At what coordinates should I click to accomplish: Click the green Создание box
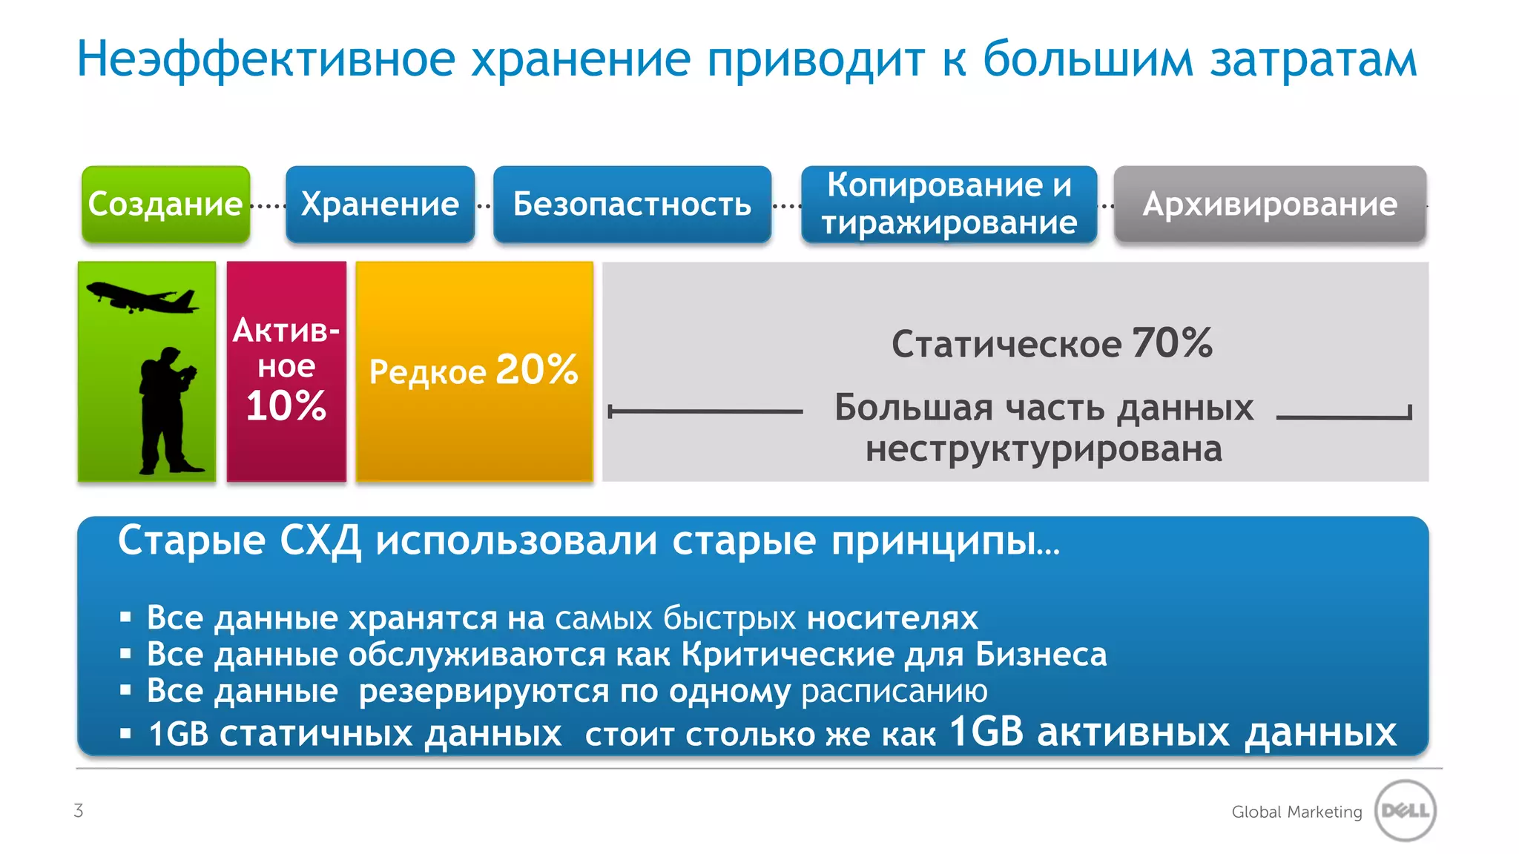(x=165, y=204)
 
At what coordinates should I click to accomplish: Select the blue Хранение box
(x=380, y=204)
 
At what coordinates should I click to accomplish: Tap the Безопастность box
(x=632, y=204)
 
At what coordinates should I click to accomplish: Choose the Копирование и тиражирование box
(x=949, y=204)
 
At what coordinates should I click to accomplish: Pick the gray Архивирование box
(x=1270, y=204)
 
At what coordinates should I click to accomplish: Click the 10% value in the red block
(x=286, y=406)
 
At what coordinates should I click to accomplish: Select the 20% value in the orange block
(x=536, y=369)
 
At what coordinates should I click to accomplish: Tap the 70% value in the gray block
(x=1172, y=343)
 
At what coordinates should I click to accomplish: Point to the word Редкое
(x=427, y=372)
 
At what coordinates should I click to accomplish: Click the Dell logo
(x=1406, y=810)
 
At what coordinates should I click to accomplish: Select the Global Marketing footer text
(x=1296, y=812)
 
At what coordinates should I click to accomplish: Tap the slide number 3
(x=79, y=810)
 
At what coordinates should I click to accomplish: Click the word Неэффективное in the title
(x=266, y=59)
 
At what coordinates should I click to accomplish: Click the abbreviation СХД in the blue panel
(x=320, y=541)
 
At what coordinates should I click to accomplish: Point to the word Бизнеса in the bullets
(x=1041, y=655)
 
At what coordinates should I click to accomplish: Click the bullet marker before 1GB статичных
(x=126, y=734)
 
